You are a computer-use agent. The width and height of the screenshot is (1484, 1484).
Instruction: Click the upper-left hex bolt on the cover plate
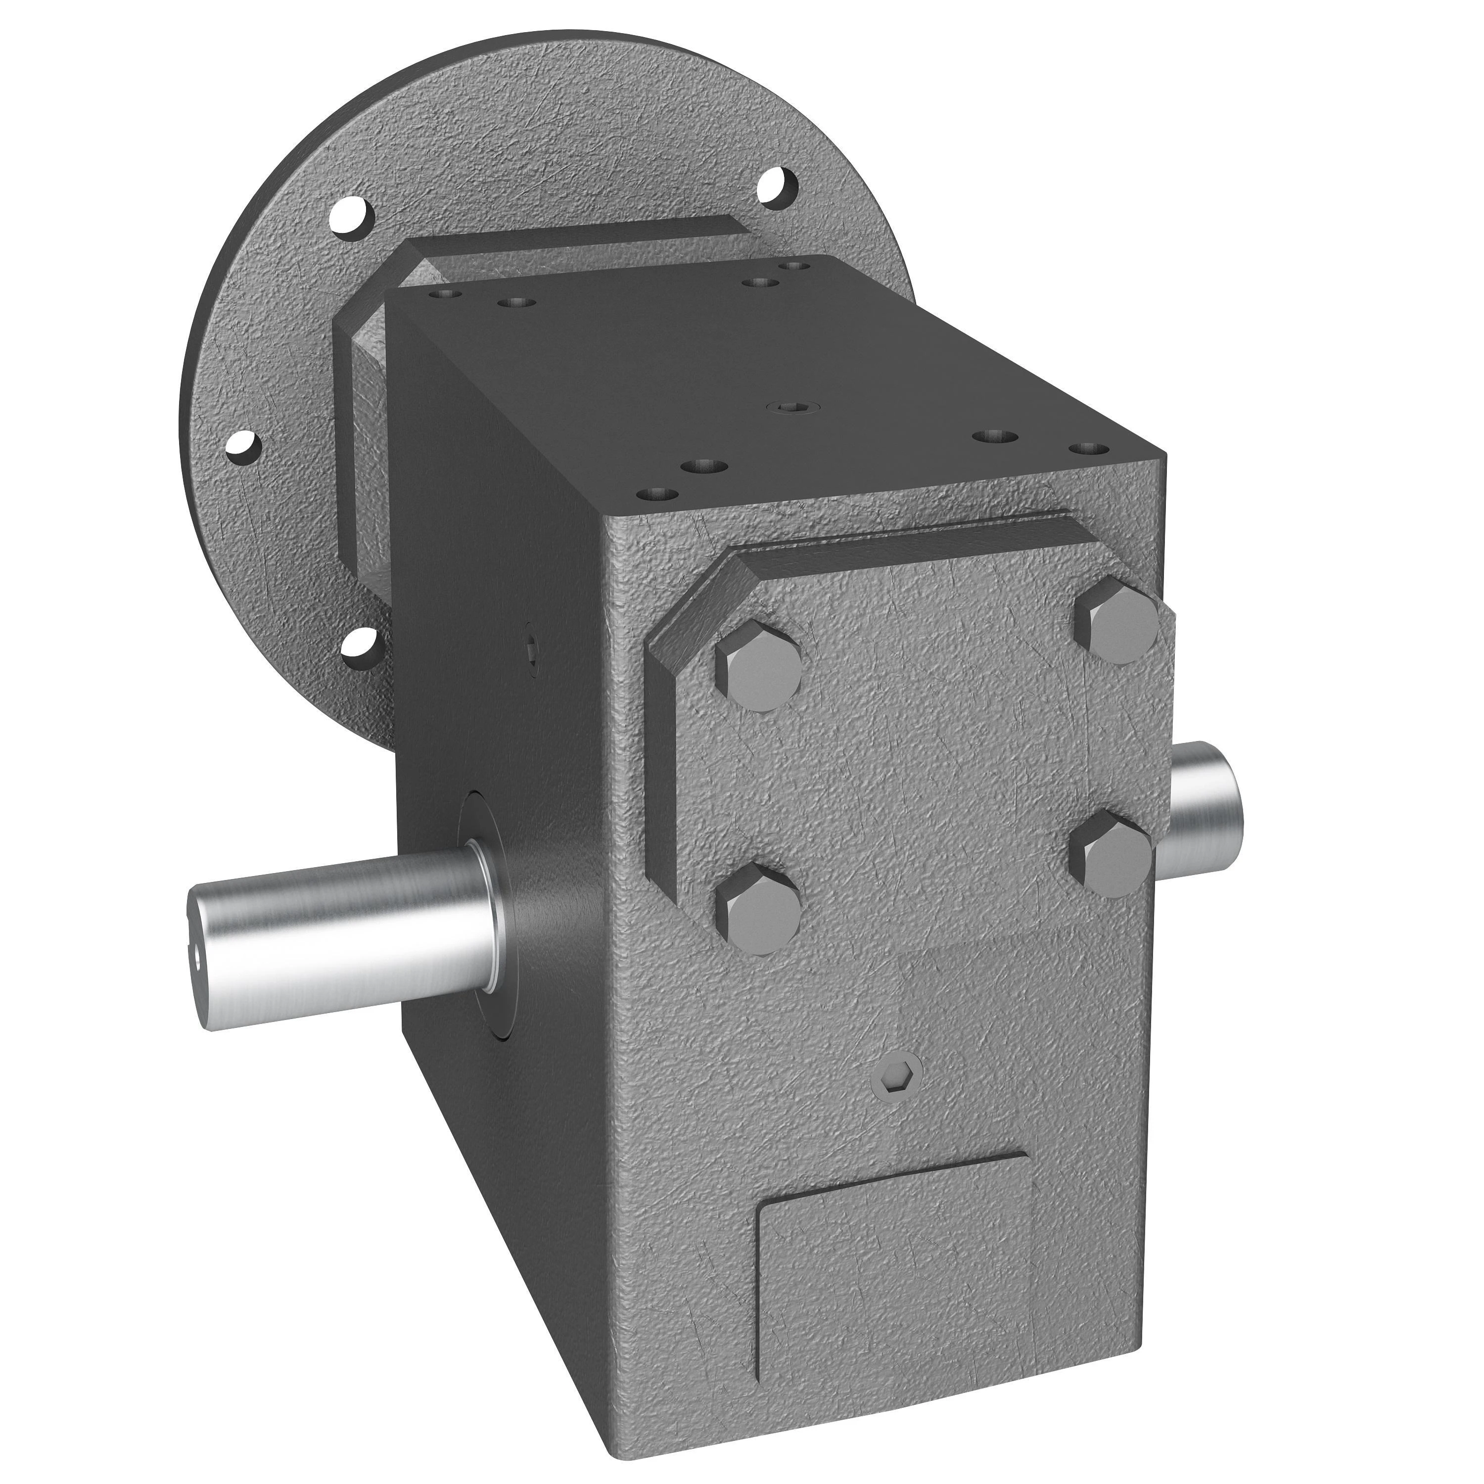click(x=758, y=664)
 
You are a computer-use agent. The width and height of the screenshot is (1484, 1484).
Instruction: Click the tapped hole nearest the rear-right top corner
click(x=794, y=266)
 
